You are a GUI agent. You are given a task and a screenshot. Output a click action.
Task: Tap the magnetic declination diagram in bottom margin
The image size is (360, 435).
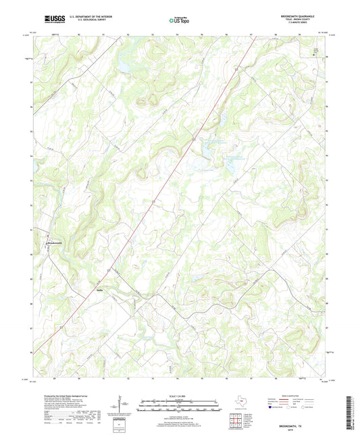click(122, 405)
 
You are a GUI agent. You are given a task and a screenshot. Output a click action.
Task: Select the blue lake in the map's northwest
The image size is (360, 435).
click(126, 65)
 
